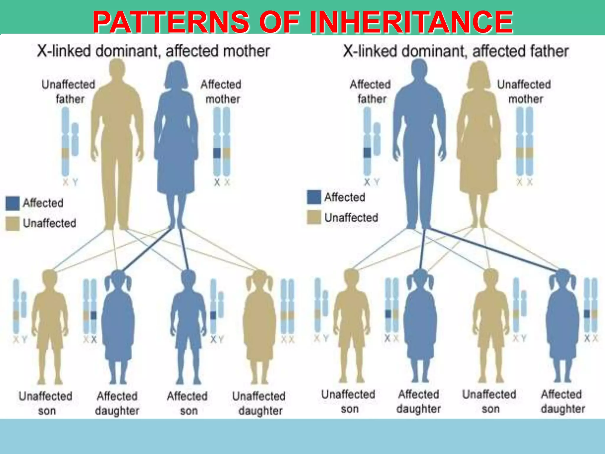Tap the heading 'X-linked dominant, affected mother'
[x=153, y=51]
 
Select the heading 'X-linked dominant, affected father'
[x=456, y=51]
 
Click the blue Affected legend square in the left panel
[x=13, y=203]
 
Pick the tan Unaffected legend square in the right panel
[x=314, y=218]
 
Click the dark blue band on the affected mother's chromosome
[x=217, y=153]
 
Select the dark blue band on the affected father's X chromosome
[x=367, y=153]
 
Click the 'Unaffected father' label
[x=69, y=92]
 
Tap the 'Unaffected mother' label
[x=524, y=92]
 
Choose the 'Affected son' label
[x=187, y=403]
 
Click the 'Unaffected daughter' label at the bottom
[x=259, y=403]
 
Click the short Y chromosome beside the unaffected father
[x=75, y=139]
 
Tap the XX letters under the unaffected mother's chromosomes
[x=524, y=182]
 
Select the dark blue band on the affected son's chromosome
[x=213, y=315]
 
